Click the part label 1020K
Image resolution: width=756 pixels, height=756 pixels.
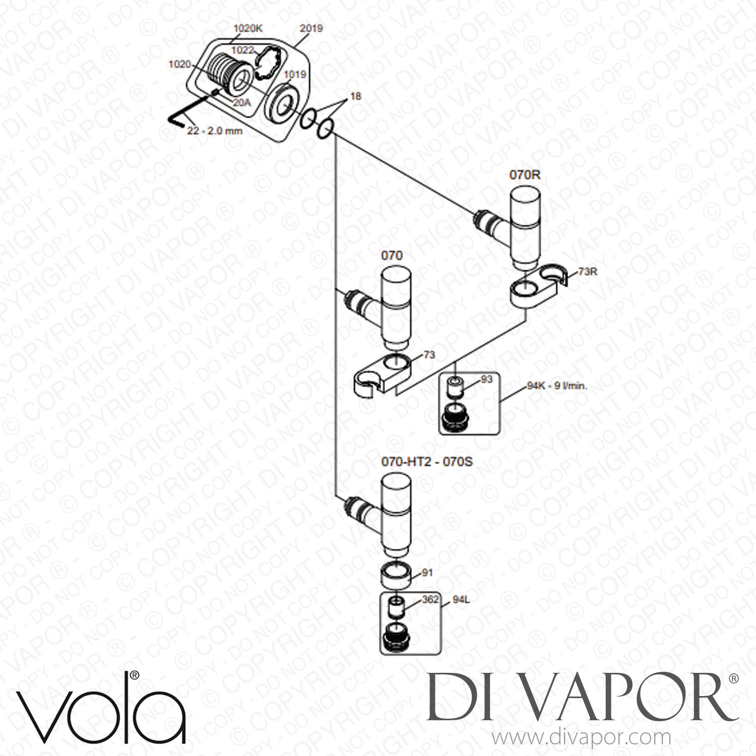(248, 29)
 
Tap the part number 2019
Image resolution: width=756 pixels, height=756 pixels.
(311, 29)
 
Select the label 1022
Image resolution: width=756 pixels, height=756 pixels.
(243, 50)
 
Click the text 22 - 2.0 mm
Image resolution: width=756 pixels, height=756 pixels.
(215, 131)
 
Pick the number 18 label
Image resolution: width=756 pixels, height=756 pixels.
(356, 96)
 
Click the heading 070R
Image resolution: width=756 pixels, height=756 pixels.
(524, 176)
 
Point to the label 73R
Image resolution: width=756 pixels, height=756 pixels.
(588, 272)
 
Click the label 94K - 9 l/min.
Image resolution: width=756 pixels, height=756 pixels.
(557, 387)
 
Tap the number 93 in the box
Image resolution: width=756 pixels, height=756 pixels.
(486, 380)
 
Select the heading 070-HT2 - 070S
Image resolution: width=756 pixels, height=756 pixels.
(427, 462)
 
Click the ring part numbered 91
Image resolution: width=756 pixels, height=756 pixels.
(396, 574)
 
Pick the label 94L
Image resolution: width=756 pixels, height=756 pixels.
(461, 600)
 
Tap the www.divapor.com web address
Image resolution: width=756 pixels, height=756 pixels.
(581, 737)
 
